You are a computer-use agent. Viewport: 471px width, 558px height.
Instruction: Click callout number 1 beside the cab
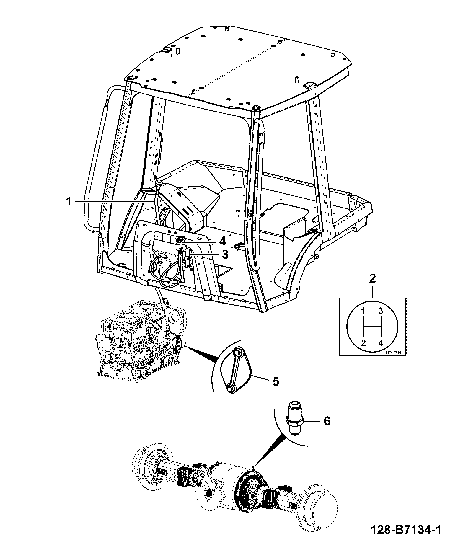tap(69, 202)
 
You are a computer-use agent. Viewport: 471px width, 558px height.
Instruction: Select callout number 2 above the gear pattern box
tap(372, 279)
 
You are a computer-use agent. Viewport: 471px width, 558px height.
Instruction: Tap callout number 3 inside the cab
tap(225, 254)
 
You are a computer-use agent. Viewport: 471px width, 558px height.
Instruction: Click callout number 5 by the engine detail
tap(275, 382)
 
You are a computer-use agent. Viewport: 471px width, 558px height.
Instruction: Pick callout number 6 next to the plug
tap(327, 421)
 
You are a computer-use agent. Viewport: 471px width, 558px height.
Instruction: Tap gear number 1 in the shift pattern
tap(364, 311)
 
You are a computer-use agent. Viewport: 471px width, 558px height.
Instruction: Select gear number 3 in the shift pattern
tap(381, 311)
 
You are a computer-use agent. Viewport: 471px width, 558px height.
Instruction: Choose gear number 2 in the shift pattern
tap(364, 343)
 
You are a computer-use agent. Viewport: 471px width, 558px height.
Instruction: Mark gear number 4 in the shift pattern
tap(381, 343)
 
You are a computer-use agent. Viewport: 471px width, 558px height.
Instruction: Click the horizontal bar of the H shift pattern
tap(372, 327)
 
